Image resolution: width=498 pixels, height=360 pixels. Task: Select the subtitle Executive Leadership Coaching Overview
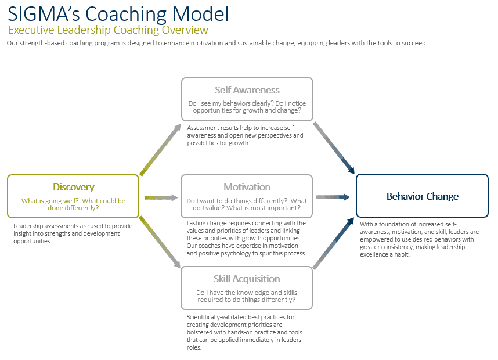[x=108, y=30]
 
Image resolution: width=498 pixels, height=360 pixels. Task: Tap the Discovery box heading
[x=74, y=187]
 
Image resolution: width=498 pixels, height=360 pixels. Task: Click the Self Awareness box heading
[x=247, y=90]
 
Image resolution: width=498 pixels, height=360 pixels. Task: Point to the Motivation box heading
[x=247, y=187]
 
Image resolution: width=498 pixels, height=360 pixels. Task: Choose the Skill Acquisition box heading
[x=247, y=279]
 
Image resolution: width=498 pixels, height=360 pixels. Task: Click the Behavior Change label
[x=423, y=196]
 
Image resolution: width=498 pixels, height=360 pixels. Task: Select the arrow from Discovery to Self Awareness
[x=160, y=149]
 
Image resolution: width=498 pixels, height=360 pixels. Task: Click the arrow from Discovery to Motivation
[x=161, y=197]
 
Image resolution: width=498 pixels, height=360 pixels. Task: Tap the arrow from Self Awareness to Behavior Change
[x=334, y=147]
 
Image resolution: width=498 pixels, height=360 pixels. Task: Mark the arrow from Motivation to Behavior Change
[x=333, y=197]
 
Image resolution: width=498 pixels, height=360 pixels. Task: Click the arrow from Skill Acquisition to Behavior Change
[x=334, y=244]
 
